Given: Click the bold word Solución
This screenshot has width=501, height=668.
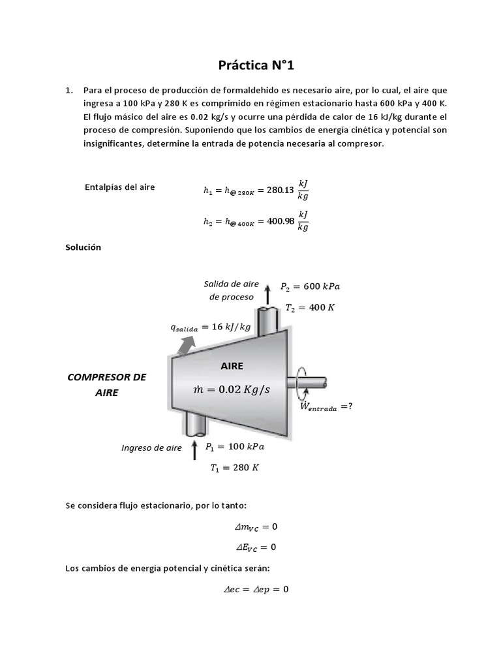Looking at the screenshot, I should coord(83,247).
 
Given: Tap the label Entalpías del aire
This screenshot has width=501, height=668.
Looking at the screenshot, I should coord(120,187).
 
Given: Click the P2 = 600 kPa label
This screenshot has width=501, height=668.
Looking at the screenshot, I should coord(310,286).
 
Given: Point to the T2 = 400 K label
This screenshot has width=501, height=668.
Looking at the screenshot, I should coord(310,307).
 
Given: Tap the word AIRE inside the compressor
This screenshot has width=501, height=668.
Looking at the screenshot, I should coord(231,367).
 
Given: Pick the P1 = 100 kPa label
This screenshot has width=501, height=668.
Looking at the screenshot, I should coord(235,448).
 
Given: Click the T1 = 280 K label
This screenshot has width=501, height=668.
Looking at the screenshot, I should coord(234,468).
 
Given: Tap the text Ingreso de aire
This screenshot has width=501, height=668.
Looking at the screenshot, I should coord(152,448).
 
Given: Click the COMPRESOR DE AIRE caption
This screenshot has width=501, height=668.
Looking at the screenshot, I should coord(107,385).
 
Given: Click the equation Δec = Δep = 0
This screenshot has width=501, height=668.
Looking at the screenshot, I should coord(256,589).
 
